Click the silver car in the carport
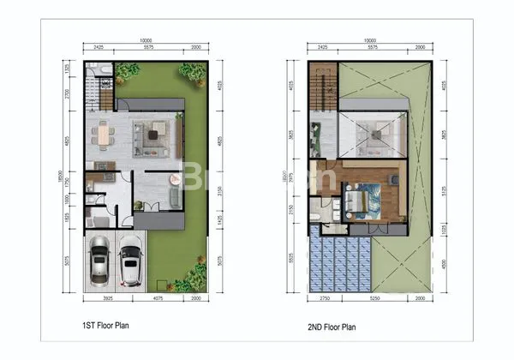tap(99, 259)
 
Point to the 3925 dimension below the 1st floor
tap(99, 298)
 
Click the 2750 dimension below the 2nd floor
tap(324, 298)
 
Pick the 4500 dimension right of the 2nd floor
tap(442, 263)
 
